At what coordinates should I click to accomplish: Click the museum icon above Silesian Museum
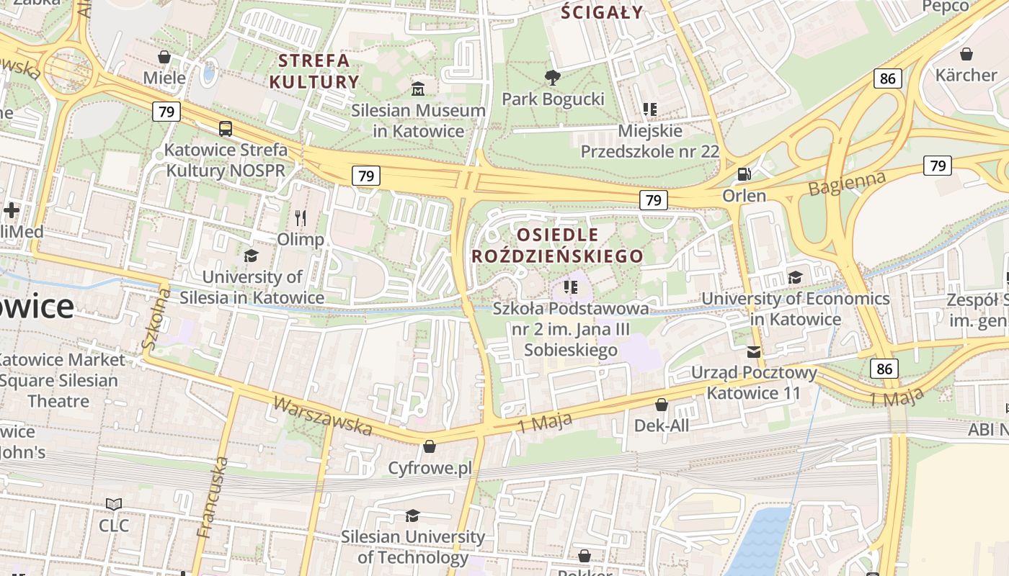(418, 89)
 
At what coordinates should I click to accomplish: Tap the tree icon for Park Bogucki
(553, 77)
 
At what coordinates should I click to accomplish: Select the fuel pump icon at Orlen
(744, 174)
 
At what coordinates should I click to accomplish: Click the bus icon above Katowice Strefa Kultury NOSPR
(226, 129)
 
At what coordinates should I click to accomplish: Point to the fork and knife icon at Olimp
(301, 217)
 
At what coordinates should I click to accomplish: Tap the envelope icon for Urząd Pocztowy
(754, 351)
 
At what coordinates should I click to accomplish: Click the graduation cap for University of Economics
(795, 277)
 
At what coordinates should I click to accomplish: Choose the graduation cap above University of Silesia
(251, 256)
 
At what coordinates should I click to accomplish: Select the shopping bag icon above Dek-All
(662, 405)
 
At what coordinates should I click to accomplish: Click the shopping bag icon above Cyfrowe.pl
(430, 446)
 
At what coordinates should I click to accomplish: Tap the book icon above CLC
(114, 504)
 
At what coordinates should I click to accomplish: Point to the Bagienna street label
(846, 183)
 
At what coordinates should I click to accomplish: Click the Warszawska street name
(323, 416)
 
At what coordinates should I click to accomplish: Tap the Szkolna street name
(156, 319)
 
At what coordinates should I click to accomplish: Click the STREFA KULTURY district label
(314, 71)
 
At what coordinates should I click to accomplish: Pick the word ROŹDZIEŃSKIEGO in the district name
(557, 256)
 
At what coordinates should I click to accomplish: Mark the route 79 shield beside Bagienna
(938, 166)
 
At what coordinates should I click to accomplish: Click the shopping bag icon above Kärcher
(966, 54)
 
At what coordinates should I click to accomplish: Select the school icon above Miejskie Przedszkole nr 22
(650, 109)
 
